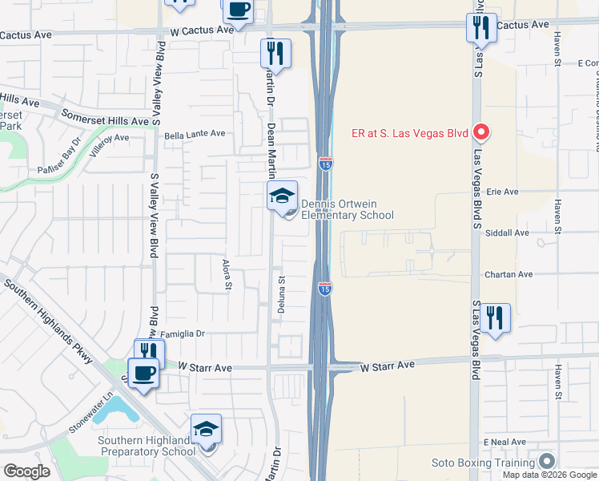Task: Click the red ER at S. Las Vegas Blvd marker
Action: (x=481, y=132)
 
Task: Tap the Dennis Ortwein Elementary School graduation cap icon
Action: (x=282, y=196)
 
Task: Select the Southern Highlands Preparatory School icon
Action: (x=206, y=430)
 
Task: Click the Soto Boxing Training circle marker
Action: (x=547, y=462)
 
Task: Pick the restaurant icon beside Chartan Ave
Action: (x=496, y=318)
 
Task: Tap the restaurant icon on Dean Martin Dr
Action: (x=275, y=54)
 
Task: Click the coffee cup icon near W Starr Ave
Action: (x=144, y=374)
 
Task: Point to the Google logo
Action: (x=26, y=471)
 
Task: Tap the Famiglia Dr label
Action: (x=183, y=333)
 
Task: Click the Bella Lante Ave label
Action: (x=195, y=135)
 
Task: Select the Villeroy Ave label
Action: (x=110, y=143)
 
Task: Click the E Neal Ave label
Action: (x=504, y=442)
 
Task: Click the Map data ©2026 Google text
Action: (x=550, y=475)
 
